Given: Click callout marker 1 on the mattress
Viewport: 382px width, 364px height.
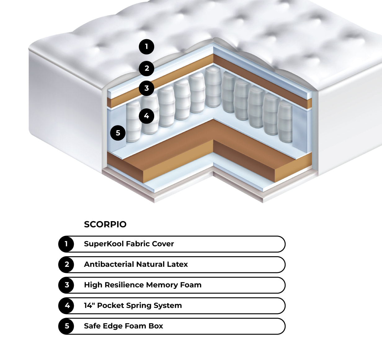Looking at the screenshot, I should coord(147,47).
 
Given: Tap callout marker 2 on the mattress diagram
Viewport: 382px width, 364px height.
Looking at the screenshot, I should coord(147,68).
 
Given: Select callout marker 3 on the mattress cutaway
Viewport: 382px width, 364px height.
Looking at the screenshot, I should coord(147,88).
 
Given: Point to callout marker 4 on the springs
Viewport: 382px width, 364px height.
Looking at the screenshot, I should coord(146,116).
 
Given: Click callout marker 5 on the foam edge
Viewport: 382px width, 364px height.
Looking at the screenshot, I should coord(118,133).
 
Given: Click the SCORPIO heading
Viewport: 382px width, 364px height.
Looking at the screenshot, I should coord(105,224).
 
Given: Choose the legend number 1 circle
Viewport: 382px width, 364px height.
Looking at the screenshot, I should coord(66,244).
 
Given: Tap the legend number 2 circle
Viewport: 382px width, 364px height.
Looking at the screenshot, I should coord(66,264).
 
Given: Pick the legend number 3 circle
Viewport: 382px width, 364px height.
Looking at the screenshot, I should coord(66,285).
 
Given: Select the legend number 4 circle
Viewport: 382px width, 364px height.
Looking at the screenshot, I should coord(66,306).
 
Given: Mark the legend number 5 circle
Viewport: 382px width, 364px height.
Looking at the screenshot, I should coord(66,326).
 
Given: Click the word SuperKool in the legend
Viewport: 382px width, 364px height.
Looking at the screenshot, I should coord(104,244).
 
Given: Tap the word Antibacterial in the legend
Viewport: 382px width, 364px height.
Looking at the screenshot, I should coord(109,264).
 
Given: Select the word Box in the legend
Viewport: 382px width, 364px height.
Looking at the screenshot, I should coord(156,326).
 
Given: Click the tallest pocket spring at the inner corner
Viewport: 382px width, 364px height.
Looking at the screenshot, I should coord(213,87).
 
